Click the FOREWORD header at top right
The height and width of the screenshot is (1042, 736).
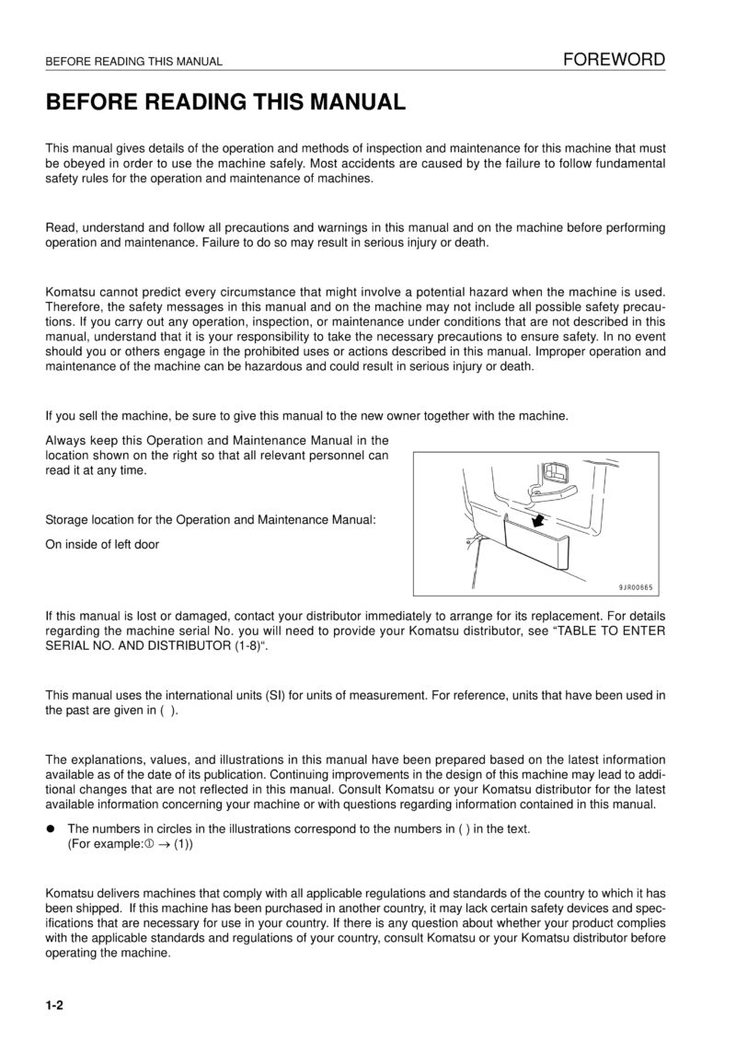pos(615,61)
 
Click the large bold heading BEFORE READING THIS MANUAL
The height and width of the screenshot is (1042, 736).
pos(225,102)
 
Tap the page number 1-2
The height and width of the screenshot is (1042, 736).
pos(54,1006)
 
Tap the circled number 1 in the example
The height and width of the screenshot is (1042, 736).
pos(148,844)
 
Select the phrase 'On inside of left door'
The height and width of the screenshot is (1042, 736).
pos(102,544)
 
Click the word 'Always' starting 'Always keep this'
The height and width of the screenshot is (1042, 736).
pos(65,440)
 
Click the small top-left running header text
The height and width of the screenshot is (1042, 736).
pos(134,63)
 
